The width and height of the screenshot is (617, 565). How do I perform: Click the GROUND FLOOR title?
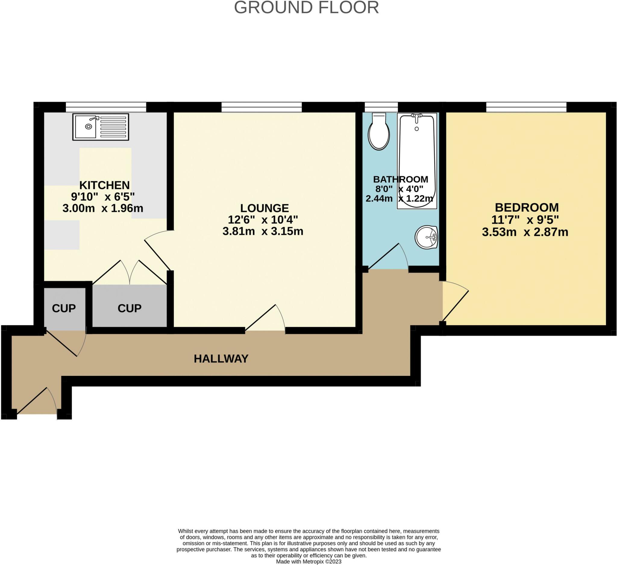pyautogui.click(x=306, y=8)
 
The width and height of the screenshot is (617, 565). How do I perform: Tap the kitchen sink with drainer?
pyautogui.click(x=100, y=127)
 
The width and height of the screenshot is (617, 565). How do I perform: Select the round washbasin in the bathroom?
pyautogui.click(x=426, y=237)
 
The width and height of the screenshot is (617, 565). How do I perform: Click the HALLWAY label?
pyautogui.click(x=221, y=358)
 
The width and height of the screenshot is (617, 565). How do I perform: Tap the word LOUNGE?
pyautogui.click(x=265, y=208)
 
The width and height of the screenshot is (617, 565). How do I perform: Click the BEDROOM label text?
pyautogui.click(x=526, y=208)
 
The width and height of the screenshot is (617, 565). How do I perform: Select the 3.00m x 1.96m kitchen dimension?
pyautogui.click(x=103, y=208)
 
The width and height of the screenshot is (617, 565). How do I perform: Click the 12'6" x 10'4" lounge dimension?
pyautogui.click(x=263, y=220)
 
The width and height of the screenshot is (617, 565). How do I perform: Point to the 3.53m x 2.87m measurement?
pyautogui.click(x=525, y=232)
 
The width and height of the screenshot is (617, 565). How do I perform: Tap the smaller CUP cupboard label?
pyautogui.click(x=64, y=308)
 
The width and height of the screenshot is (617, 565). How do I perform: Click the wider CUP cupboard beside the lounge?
pyautogui.click(x=130, y=308)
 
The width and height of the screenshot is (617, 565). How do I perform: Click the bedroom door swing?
pyautogui.click(x=455, y=303)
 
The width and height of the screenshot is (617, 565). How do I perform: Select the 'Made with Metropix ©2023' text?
pyautogui.click(x=308, y=561)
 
